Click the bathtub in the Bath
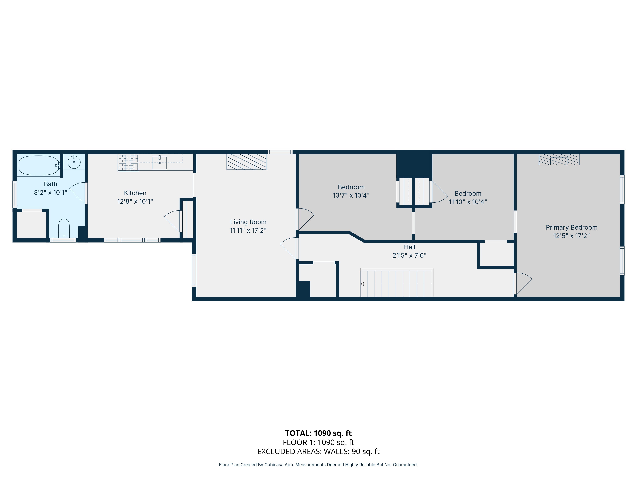38,165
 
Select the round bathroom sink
74,162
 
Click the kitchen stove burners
128,163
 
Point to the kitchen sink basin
159,163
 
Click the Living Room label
248,222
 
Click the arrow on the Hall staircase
362,284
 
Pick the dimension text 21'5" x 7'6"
409,255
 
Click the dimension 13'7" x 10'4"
351,195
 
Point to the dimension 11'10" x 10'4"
468,202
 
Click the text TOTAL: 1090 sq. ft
318,433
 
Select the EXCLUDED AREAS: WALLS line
318,451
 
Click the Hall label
409,247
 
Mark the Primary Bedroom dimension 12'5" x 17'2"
571,236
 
